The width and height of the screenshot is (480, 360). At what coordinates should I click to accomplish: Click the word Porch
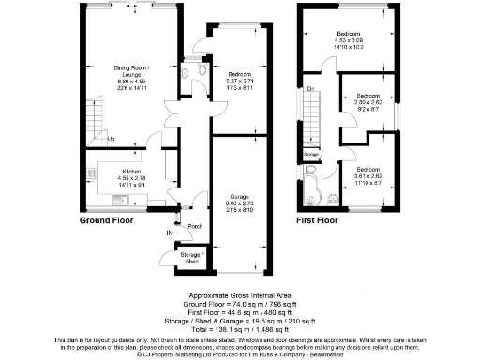195,226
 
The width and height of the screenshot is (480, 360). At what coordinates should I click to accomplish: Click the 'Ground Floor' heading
106,221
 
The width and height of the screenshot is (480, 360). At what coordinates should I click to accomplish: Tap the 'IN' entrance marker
171,232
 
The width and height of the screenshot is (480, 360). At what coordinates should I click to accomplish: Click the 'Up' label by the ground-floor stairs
111,140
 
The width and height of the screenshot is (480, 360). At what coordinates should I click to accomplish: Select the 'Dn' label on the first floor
310,89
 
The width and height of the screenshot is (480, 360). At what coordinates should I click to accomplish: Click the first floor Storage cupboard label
311,153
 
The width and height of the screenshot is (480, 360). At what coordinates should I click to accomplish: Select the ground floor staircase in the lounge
97,117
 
